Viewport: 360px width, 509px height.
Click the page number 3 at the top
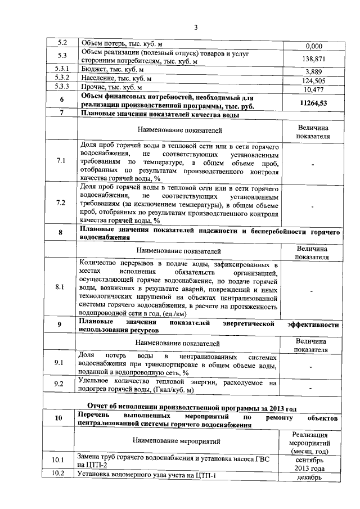pyautogui.click(x=195, y=27)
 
